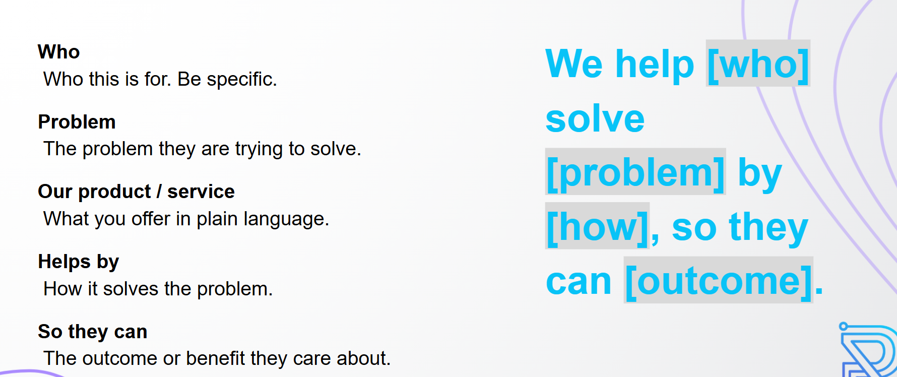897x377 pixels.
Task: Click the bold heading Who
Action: tap(58, 52)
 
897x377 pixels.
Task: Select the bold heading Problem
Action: tap(77, 122)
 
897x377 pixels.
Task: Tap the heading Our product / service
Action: tap(137, 192)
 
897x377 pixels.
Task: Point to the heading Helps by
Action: tap(79, 262)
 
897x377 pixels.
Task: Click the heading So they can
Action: tap(93, 332)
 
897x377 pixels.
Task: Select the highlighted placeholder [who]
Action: tap(758, 64)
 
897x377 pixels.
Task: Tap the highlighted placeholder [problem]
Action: tap(635, 172)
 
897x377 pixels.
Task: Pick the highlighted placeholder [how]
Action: tap(597, 226)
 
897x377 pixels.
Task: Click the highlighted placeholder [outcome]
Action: tap(719, 280)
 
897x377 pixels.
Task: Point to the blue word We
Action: tap(574, 64)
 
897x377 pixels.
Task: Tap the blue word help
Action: tap(655, 65)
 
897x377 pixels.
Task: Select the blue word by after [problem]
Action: tap(760, 174)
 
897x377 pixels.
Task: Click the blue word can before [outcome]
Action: tap(579, 281)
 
